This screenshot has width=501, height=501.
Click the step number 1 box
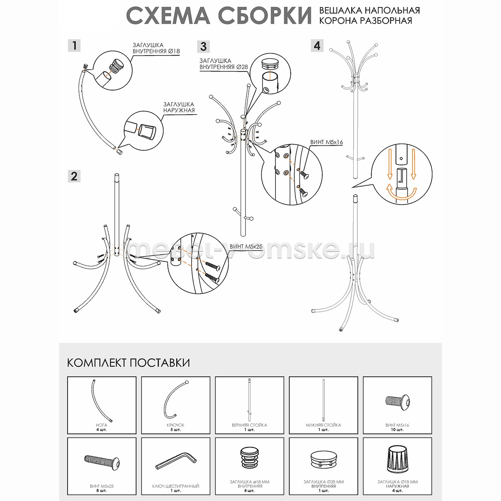[x=74, y=46]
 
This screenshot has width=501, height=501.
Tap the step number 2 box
[x=74, y=176]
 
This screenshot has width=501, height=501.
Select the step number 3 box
[x=203, y=46]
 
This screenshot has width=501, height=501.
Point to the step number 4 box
[x=317, y=46]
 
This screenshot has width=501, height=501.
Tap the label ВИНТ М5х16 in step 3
[x=326, y=142]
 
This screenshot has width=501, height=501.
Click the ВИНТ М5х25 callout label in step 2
[x=246, y=246]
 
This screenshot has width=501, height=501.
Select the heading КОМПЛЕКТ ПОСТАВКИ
[x=129, y=363]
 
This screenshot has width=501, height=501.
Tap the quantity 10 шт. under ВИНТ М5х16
[x=397, y=430]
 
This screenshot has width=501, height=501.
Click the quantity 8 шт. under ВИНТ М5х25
[x=101, y=491]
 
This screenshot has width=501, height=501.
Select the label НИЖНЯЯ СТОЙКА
[x=324, y=425]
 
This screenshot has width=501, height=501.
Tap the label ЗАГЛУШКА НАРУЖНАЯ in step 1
[x=179, y=107]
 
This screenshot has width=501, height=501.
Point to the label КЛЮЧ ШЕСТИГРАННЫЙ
[x=176, y=486]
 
